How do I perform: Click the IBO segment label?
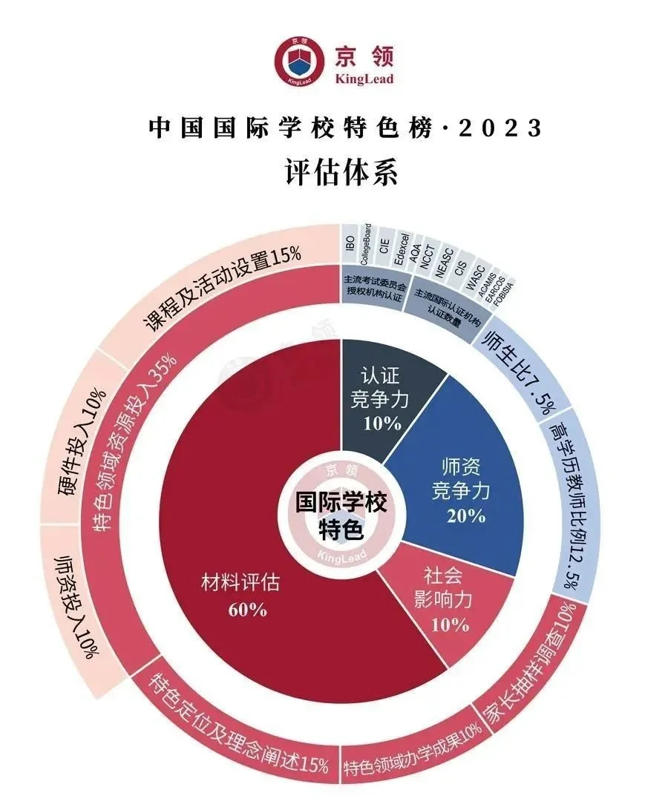[x=350, y=244]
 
